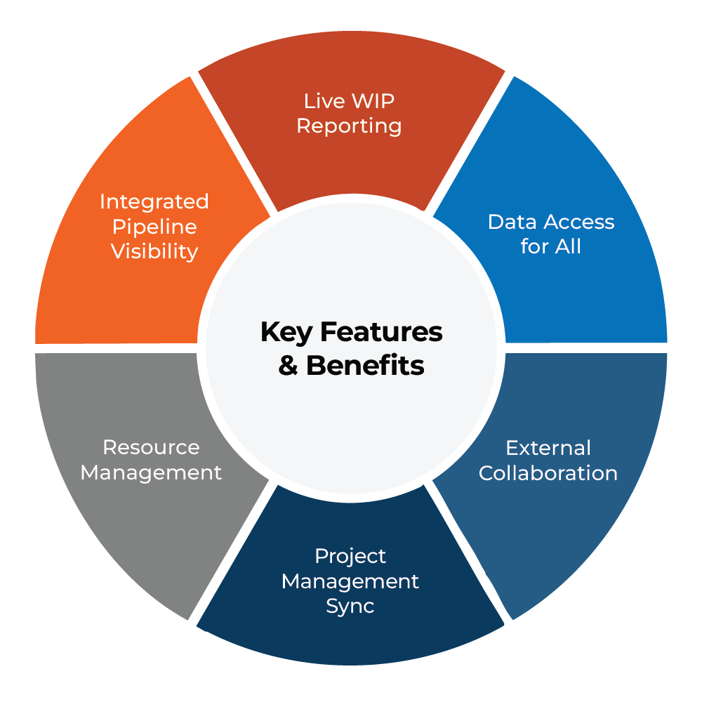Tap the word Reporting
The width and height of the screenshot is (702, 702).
coord(349,126)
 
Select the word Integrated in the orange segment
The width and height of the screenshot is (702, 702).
coord(154,201)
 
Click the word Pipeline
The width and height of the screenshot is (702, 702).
coord(154,227)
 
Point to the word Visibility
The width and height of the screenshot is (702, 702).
coord(154,251)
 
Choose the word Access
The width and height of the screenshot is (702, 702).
coord(577,222)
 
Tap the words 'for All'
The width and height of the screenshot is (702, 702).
coord(551,246)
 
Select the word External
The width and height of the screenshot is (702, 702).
coord(548,448)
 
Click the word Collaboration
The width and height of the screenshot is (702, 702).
coord(548,473)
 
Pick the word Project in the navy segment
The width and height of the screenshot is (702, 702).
coord(350,557)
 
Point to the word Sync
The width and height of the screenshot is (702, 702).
coord(350,606)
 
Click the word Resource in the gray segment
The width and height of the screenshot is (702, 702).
coord(151,447)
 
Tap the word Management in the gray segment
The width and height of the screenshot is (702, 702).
coord(151,472)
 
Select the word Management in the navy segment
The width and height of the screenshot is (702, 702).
coord(350,581)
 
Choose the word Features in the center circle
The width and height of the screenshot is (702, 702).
coord(380,332)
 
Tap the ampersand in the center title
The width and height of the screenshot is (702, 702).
coord(288,366)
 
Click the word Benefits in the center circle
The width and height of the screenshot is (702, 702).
coord(365,366)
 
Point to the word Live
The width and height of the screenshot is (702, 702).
coord(319,101)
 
